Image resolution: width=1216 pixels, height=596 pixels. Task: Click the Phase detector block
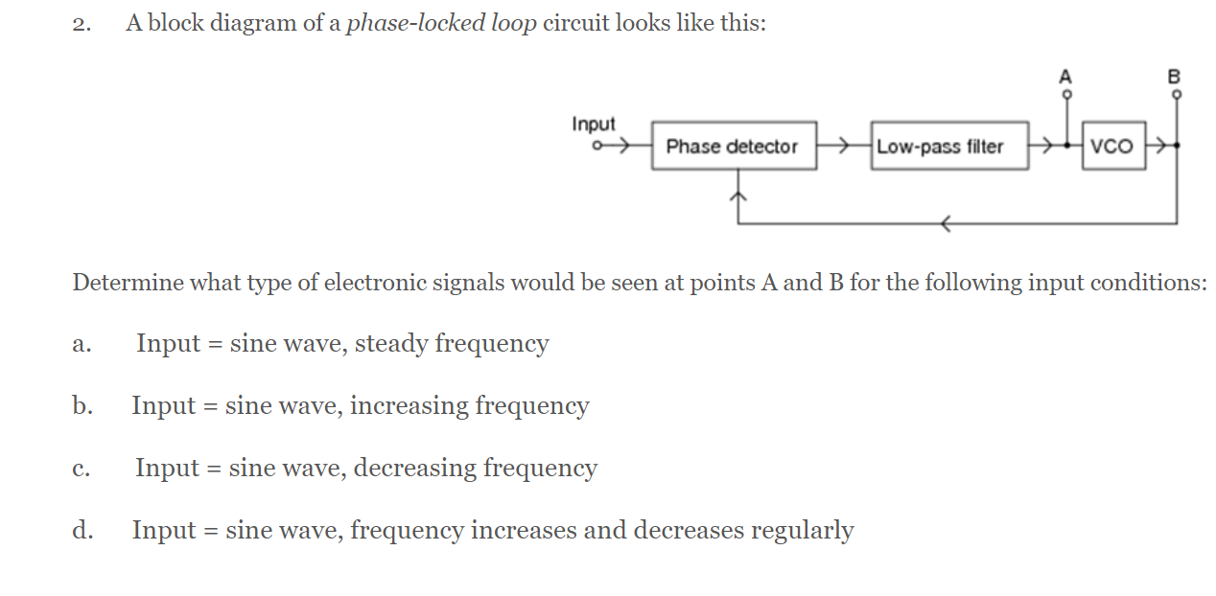(x=734, y=147)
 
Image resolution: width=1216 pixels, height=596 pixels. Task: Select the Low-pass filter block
(x=949, y=147)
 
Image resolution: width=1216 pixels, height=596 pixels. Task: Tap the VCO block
(x=1112, y=147)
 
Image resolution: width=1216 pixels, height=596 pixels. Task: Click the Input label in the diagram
(x=594, y=125)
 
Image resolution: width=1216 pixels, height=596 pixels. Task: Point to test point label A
(x=1064, y=78)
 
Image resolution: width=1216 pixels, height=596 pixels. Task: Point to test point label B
(x=1176, y=78)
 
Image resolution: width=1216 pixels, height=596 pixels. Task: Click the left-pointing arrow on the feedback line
(x=946, y=224)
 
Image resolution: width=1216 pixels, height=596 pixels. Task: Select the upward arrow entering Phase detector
(x=737, y=196)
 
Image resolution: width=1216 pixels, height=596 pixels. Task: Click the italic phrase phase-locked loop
(x=441, y=24)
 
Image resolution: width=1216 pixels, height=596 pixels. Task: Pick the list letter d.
(x=82, y=530)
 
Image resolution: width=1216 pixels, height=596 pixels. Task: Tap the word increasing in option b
(x=407, y=406)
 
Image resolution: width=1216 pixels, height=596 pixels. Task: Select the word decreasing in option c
(x=414, y=469)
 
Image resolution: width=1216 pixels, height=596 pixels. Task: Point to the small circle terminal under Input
(x=597, y=147)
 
